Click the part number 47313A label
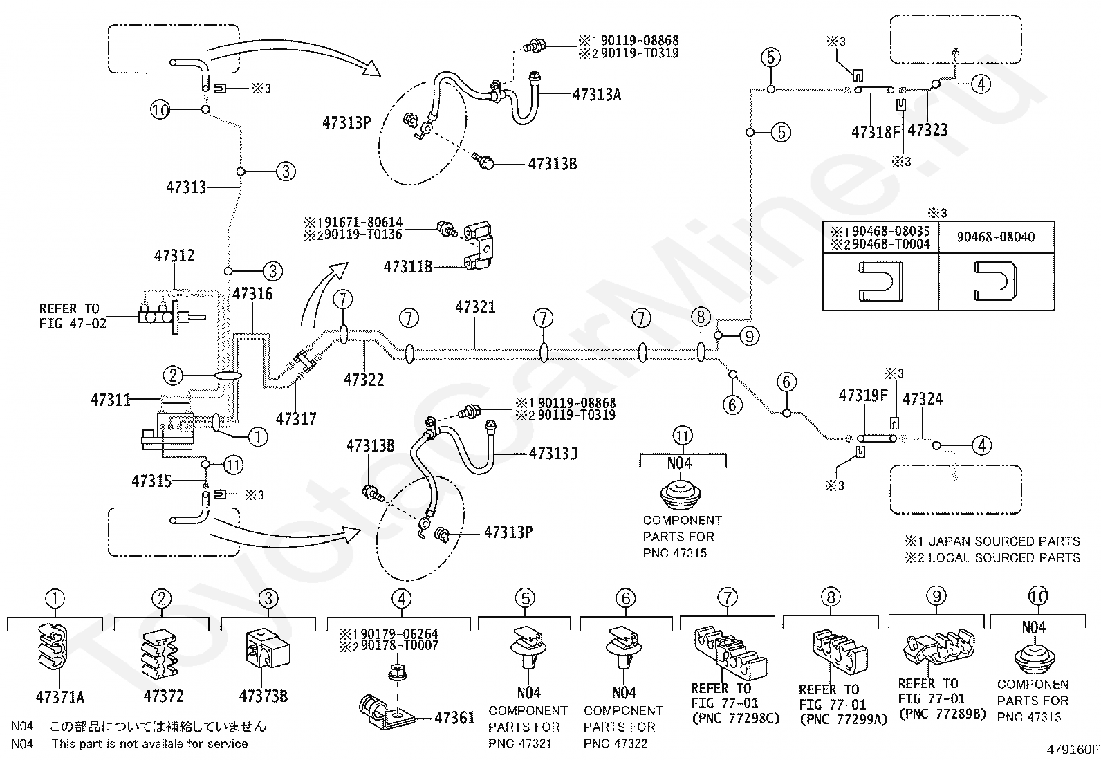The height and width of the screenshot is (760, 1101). [x=597, y=94]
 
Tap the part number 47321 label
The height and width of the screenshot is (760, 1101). [x=475, y=307]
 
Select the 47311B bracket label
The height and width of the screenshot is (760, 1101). [x=408, y=267]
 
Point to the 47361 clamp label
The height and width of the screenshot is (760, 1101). [x=454, y=718]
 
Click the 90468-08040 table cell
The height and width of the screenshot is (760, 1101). [x=996, y=237]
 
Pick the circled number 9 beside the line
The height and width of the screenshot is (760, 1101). [x=749, y=336]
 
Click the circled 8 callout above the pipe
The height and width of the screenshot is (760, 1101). [x=701, y=317]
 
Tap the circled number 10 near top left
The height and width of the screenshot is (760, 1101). [x=160, y=109]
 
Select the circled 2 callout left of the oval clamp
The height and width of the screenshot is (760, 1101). [x=172, y=376]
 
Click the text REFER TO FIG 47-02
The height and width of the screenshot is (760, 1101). [x=73, y=316]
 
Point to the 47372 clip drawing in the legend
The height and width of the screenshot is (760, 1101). [x=159, y=655]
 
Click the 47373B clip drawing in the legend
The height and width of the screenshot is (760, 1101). [x=268, y=649]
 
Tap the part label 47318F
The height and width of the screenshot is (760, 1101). [x=876, y=132]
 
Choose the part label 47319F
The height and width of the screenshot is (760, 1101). [x=864, y=396]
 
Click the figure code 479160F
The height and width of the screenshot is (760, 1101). [x=1073, y=749]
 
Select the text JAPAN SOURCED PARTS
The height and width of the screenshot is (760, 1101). [x=1004, y=541]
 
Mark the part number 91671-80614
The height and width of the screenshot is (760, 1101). [x=364, y=222]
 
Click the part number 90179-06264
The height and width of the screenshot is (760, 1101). [x=399, y=634]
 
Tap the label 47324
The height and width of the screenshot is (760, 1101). [x=923, y=399]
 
